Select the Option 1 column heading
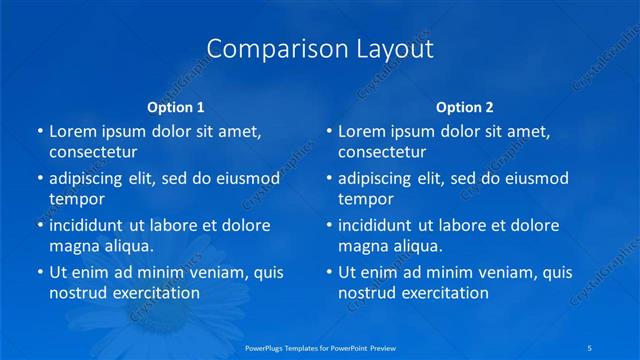(176, 107)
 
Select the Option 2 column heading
(465, 107)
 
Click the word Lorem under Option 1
(73, 131)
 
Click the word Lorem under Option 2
(362, 131)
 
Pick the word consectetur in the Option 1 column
(93, 153)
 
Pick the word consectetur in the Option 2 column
(382, 153)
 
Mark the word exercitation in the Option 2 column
(441, 294)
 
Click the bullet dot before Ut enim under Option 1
(40, 272)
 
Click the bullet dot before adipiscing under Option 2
(329, 179)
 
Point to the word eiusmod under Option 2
(535, 178)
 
